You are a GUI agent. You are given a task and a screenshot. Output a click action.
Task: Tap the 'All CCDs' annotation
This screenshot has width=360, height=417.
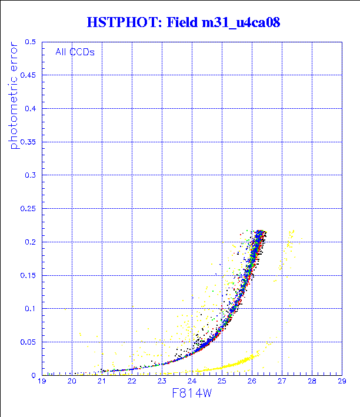[x=75, y=52]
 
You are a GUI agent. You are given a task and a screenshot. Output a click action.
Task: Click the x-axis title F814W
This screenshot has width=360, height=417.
[x=191, y=396]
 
